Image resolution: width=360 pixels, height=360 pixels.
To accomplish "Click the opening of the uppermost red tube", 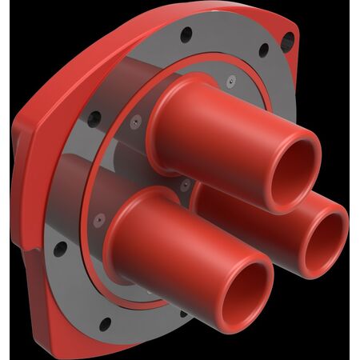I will point(294,170).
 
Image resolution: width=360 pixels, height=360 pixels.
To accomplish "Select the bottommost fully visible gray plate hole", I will point(104,323).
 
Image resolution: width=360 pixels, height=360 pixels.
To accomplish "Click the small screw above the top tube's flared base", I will point(229,79).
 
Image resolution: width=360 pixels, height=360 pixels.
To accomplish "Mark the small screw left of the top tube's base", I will point(136,122).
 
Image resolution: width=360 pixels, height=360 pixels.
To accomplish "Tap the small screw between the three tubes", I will point(186,186).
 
